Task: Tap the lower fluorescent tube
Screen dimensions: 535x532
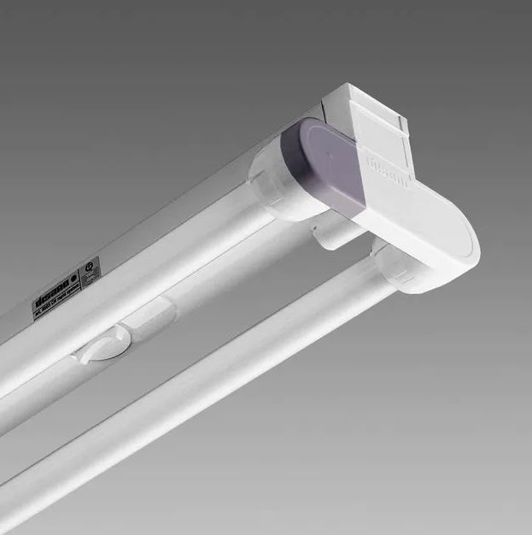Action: point(213,393)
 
